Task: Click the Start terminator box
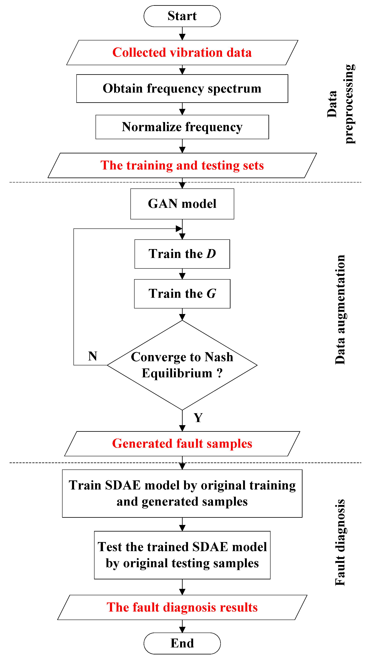tap(182, 16)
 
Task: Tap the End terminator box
tap(182, 643)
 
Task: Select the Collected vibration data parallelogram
tap(182, 53)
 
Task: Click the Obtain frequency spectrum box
tap(182, 88)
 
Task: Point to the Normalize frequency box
tap(182, 127)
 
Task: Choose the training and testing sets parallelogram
tap(182, 165)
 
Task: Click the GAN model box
tap(182, 204)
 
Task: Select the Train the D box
tap(182, 254)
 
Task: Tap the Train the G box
tap(182, 294)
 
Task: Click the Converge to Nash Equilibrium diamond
tap(182, 365)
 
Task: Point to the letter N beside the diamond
tap(92, 356)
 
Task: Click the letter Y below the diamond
tap(198, 418)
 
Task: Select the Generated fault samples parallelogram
tap(182, 444)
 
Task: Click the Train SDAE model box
tap(182, 493)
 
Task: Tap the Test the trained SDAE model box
tap(182, 555)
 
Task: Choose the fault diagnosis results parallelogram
tap(182, 607)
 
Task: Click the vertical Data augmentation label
tap(340, 310)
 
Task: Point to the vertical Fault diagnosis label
tap(340, 542)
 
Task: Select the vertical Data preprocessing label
tap(341, 104)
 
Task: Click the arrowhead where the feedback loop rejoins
tap(179, 229)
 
